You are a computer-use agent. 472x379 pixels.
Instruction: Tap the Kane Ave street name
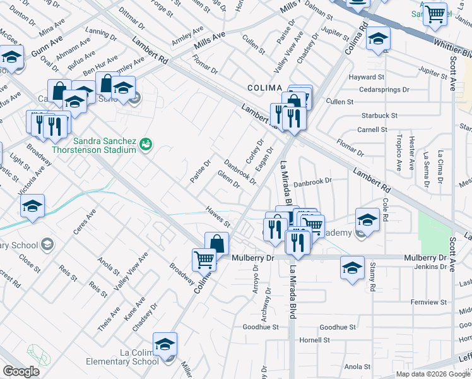[x=135, y=311]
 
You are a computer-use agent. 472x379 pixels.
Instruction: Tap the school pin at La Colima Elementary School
[x=165, y=345]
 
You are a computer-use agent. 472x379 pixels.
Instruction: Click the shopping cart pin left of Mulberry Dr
[x=204, y=258]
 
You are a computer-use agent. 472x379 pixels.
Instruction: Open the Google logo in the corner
[x=21, y=371]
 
